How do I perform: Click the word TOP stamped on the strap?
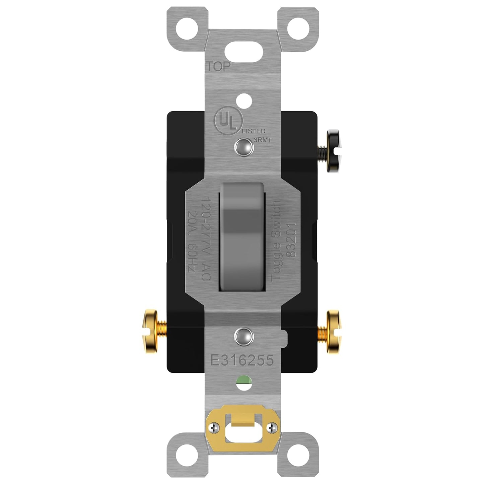218,67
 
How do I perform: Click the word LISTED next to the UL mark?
254,131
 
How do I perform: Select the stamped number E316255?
241,360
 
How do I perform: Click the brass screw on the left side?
152,332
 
